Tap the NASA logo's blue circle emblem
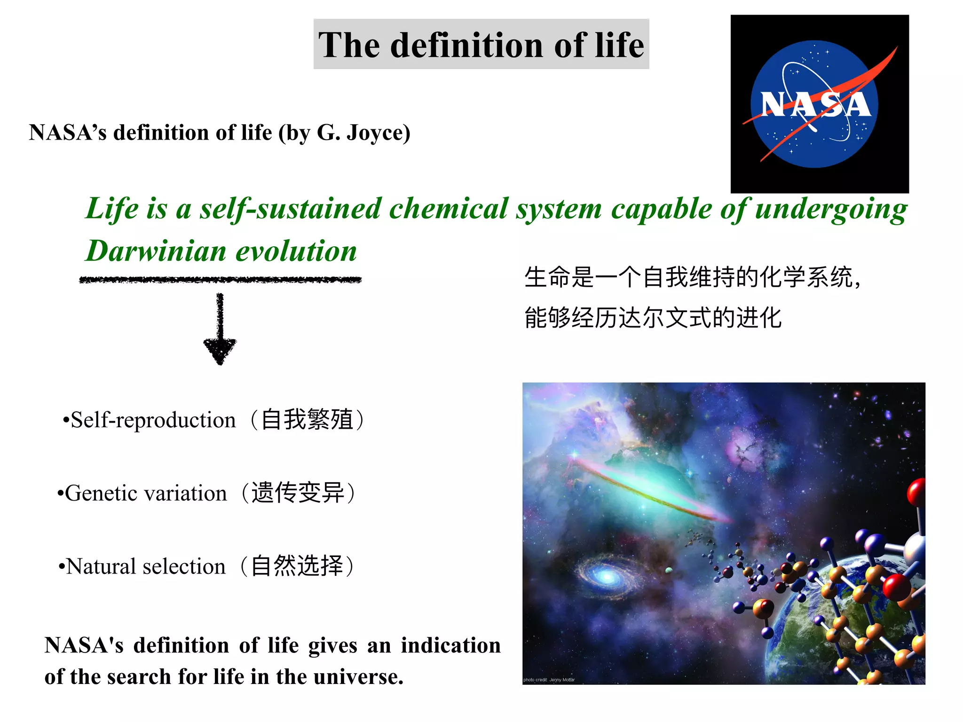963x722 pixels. click(814, 104)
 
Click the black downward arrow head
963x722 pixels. click(220, 350)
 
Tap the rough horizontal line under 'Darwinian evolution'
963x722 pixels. click(220, 280)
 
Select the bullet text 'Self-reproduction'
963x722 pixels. click(153, 420)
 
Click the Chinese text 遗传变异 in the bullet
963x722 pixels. click(298, 493)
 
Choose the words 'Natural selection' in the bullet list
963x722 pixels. click(146, 566)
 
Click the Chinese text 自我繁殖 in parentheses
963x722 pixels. click(307, 420)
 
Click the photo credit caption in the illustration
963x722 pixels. click(549, 680)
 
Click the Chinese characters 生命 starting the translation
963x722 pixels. click(547, 277)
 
